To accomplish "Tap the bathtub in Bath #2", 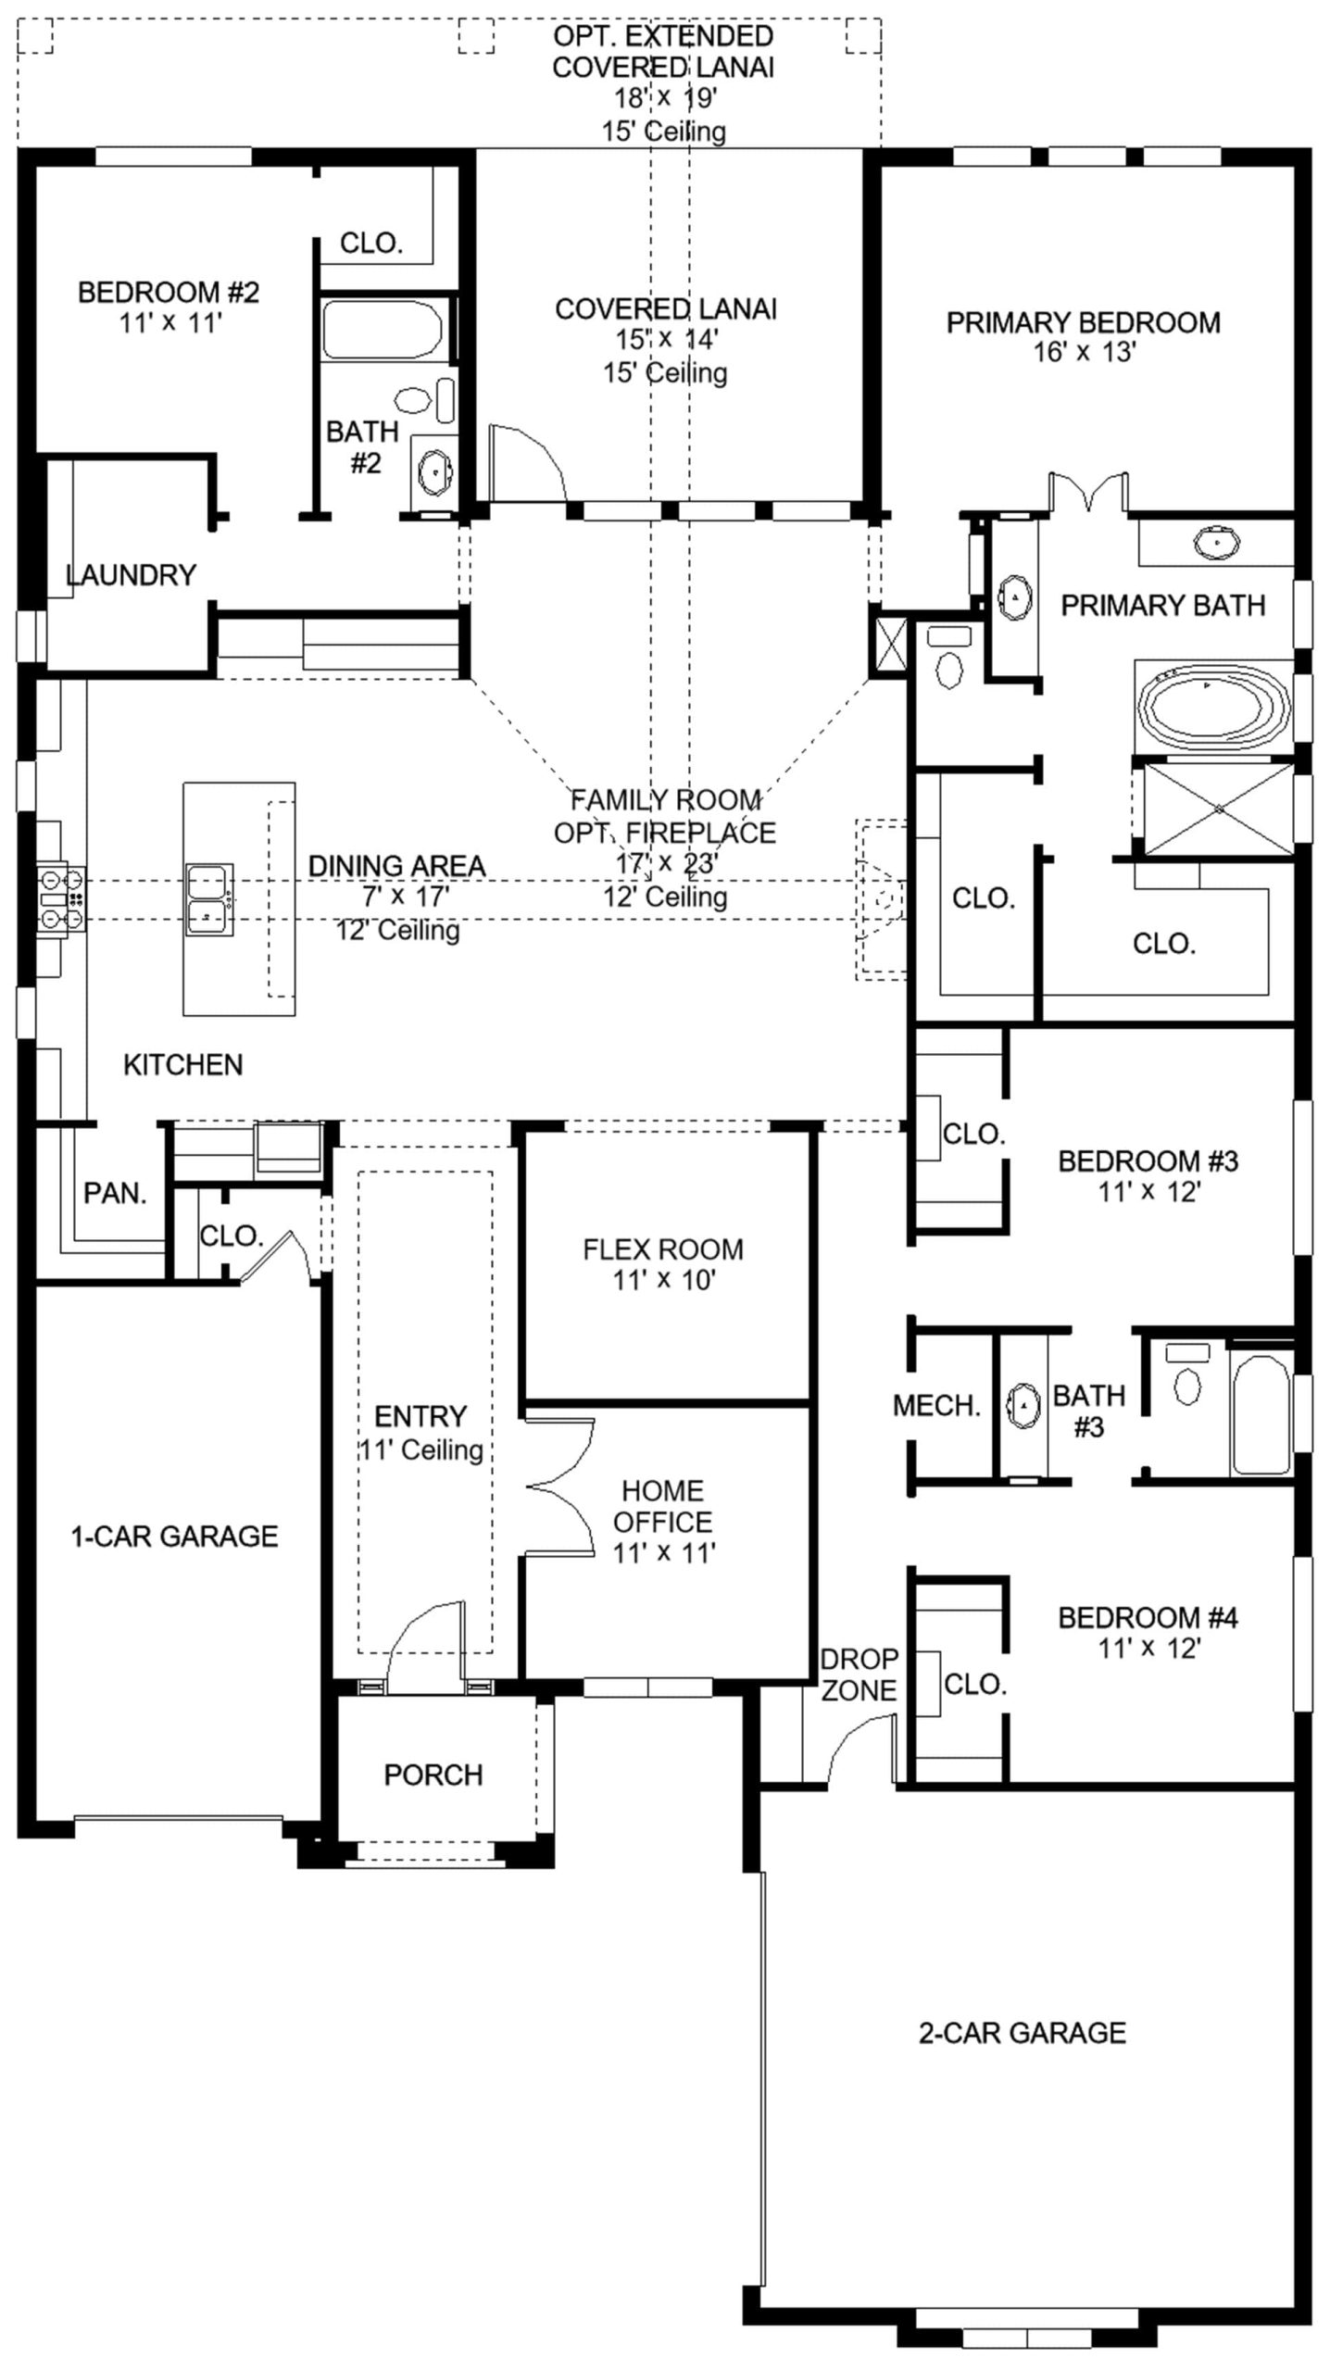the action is pos(383,329).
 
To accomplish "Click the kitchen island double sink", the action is pos(209,899).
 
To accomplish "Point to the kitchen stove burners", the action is pos(61,898).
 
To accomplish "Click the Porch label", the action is pos(433,1775).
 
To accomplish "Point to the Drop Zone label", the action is pos(859,1674).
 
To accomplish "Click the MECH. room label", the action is pos(936,1406).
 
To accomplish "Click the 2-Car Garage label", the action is pos(1023,2033).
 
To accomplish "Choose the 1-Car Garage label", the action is pos(174,1537).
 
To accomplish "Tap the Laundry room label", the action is pos(131,575).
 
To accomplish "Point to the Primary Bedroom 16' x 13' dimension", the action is pos(1085,352).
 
